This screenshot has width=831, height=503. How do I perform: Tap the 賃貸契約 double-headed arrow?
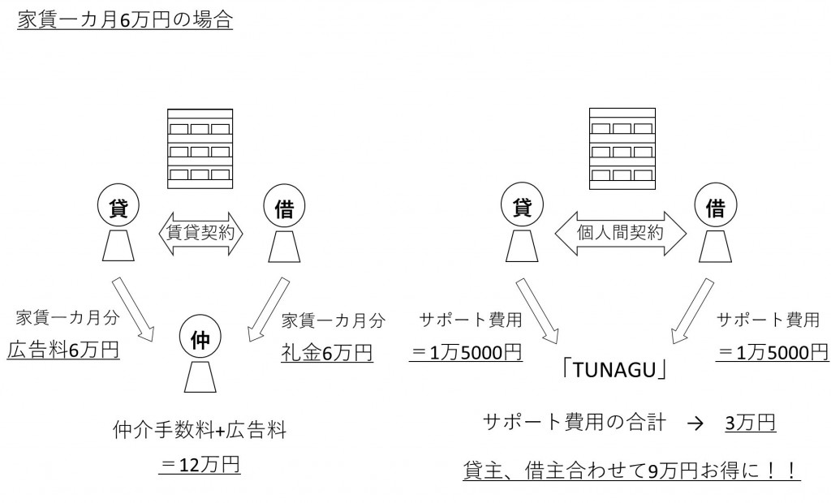pyautogui.click(x=200, y=232)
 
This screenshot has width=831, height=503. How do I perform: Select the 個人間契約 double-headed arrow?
pyautogui.click(x=620, y=232)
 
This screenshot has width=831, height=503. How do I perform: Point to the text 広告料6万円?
pyautogui.click(x=63, y=350)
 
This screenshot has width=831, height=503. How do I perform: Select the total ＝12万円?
pyautogui.click(x=200, y=465)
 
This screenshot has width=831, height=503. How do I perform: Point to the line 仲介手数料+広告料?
pyautogui.click(x=200, y=430)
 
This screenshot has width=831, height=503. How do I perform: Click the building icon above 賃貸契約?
pyautogui.click(x=200, y=148)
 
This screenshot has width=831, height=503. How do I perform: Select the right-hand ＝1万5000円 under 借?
pyautogui.click(x=771, y=351)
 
